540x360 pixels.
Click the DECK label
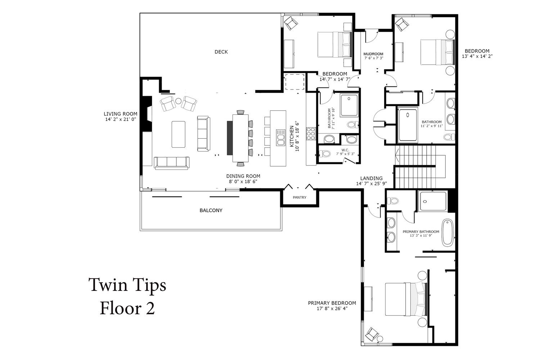pyautogui.click(x=221, y=52)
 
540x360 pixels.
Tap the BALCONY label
pyautogui.click(x=211, y=211)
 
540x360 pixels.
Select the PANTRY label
pyautogui.click(x=300, y=198)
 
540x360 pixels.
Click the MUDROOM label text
pyautogui.click(x=373, y=54)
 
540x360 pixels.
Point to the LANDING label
pyautogui.click(x=371, y=179)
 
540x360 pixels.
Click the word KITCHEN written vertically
pyautogui.click(x=292, y=136)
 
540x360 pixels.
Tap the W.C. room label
pyautogui.click(x=345, y=150)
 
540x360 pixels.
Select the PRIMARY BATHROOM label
pyautogui.click(x=421, y=232)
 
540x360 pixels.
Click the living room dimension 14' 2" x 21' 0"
pyautogui.click(x=121, y=119)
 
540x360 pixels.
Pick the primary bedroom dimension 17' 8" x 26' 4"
pyautogui.click(x=332, y=309)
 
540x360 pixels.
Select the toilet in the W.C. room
pyautogui.click(x=324, y=153)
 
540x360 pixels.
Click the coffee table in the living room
pyautogui.click(x=179, y=134)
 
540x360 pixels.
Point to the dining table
pyautogui.click(x=240, y=138)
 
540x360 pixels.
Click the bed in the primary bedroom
pyautogui.click(x=406, y=299)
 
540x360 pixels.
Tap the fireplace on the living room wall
pyautogui.click(x=147, y=113)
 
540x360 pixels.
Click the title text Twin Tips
pyautogui.click(x=127, y=285)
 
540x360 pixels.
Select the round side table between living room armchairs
pyautogui.click(x=178, y=101)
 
